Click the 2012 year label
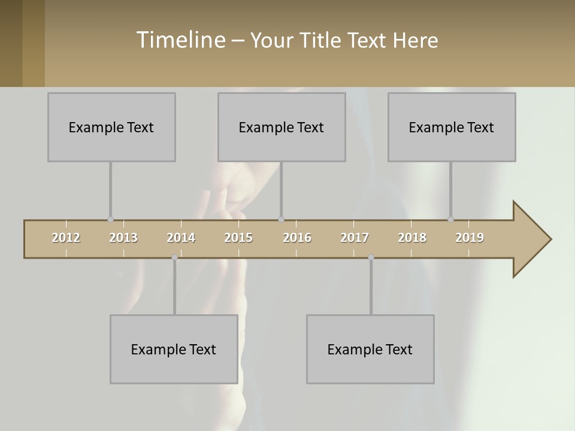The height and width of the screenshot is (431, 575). pyautogui.click(x=66, y=238)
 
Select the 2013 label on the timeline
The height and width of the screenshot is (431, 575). pyautogui.click(x=123, y=238)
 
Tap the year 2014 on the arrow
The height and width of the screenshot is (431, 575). pyautogui.click(x=181, y=238)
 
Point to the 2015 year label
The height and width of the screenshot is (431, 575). pyautogui.click(x=238, y=238)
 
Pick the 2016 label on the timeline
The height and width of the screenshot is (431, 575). pyautogui.click(x=296, y=238)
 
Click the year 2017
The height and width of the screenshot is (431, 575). pyautogui.click(x=355, y=238)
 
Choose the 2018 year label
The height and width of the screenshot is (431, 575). pyautogui.click(x=412, y=238)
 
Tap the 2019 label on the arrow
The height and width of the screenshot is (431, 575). pyautogui.click(x=470, y=238)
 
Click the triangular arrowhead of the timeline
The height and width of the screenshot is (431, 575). pyautogui.click(x=530, y=239)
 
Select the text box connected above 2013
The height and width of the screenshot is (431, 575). pyautogui.click(x=111, y=127)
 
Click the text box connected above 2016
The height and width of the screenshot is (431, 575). pyautogui.click(x=282, y=127)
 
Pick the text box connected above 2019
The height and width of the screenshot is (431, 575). pyautogui.click(x=452, y=127)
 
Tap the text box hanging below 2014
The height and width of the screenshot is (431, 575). pyautogui.click(x=174, y=349)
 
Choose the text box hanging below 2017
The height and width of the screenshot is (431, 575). pyautogui.click(x=370, y=349)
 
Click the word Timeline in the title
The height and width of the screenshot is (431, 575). pyautogui.click(x=180, y=40)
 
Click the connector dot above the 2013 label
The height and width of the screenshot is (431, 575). pyautogui.click(x=110, y=219)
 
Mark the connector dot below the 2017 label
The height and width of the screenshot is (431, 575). pyautogui.click(x=371, y=257)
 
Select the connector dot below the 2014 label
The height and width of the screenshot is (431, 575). pyautogui.click(x=174, y=257)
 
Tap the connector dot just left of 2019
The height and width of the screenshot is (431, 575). pyautogui.click(x=450, y=219)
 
